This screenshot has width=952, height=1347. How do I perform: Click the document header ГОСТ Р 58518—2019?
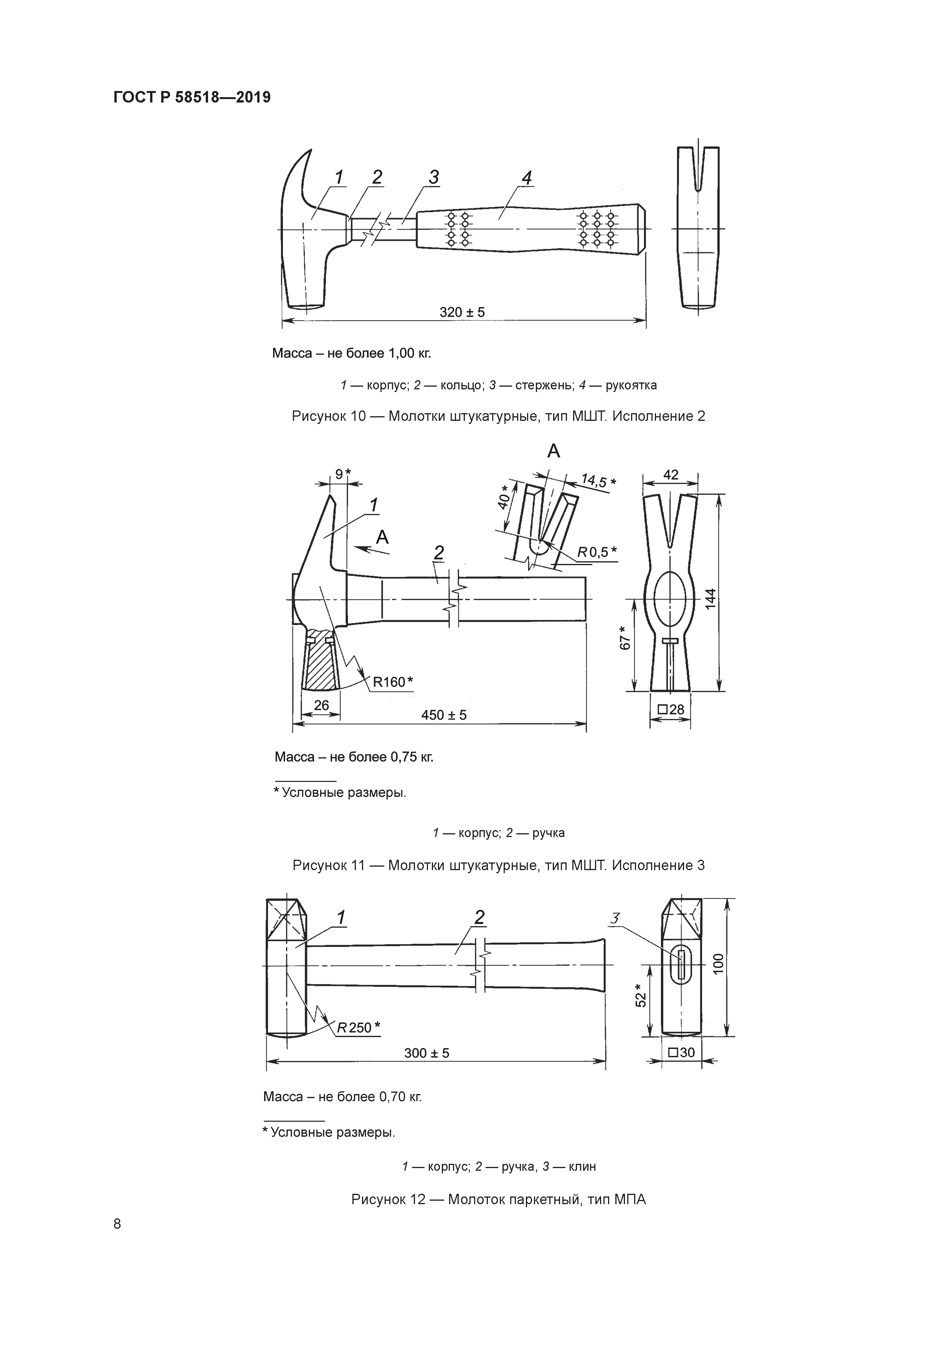point(192,98)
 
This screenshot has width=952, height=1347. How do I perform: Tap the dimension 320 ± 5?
point(462,312)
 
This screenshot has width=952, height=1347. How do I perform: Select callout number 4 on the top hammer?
point(527,178)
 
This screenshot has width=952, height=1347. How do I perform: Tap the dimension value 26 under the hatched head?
point(321,705)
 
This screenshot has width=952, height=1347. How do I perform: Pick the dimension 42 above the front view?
point(671,475)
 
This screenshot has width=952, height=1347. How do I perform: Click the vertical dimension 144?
point(711,598)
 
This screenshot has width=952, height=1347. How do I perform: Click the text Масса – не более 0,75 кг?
point(354,757)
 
